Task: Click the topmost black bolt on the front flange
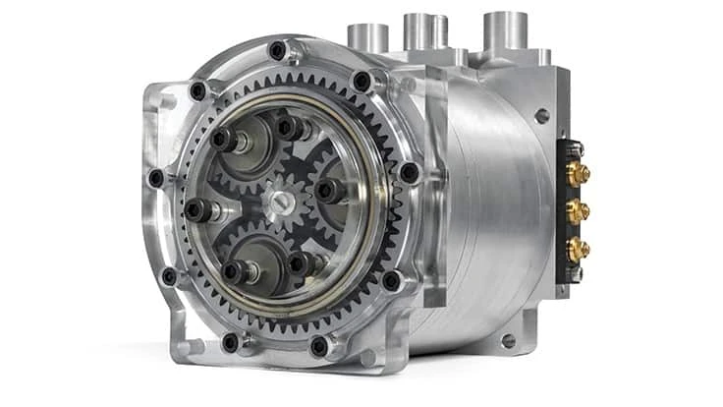click(277, 49)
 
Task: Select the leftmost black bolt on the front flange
click(155, 179)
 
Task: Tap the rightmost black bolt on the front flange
click(410, 173)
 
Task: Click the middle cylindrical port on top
click(423, 29)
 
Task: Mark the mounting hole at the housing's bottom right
click(508, 340)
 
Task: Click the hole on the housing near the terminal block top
click(539, 115)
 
